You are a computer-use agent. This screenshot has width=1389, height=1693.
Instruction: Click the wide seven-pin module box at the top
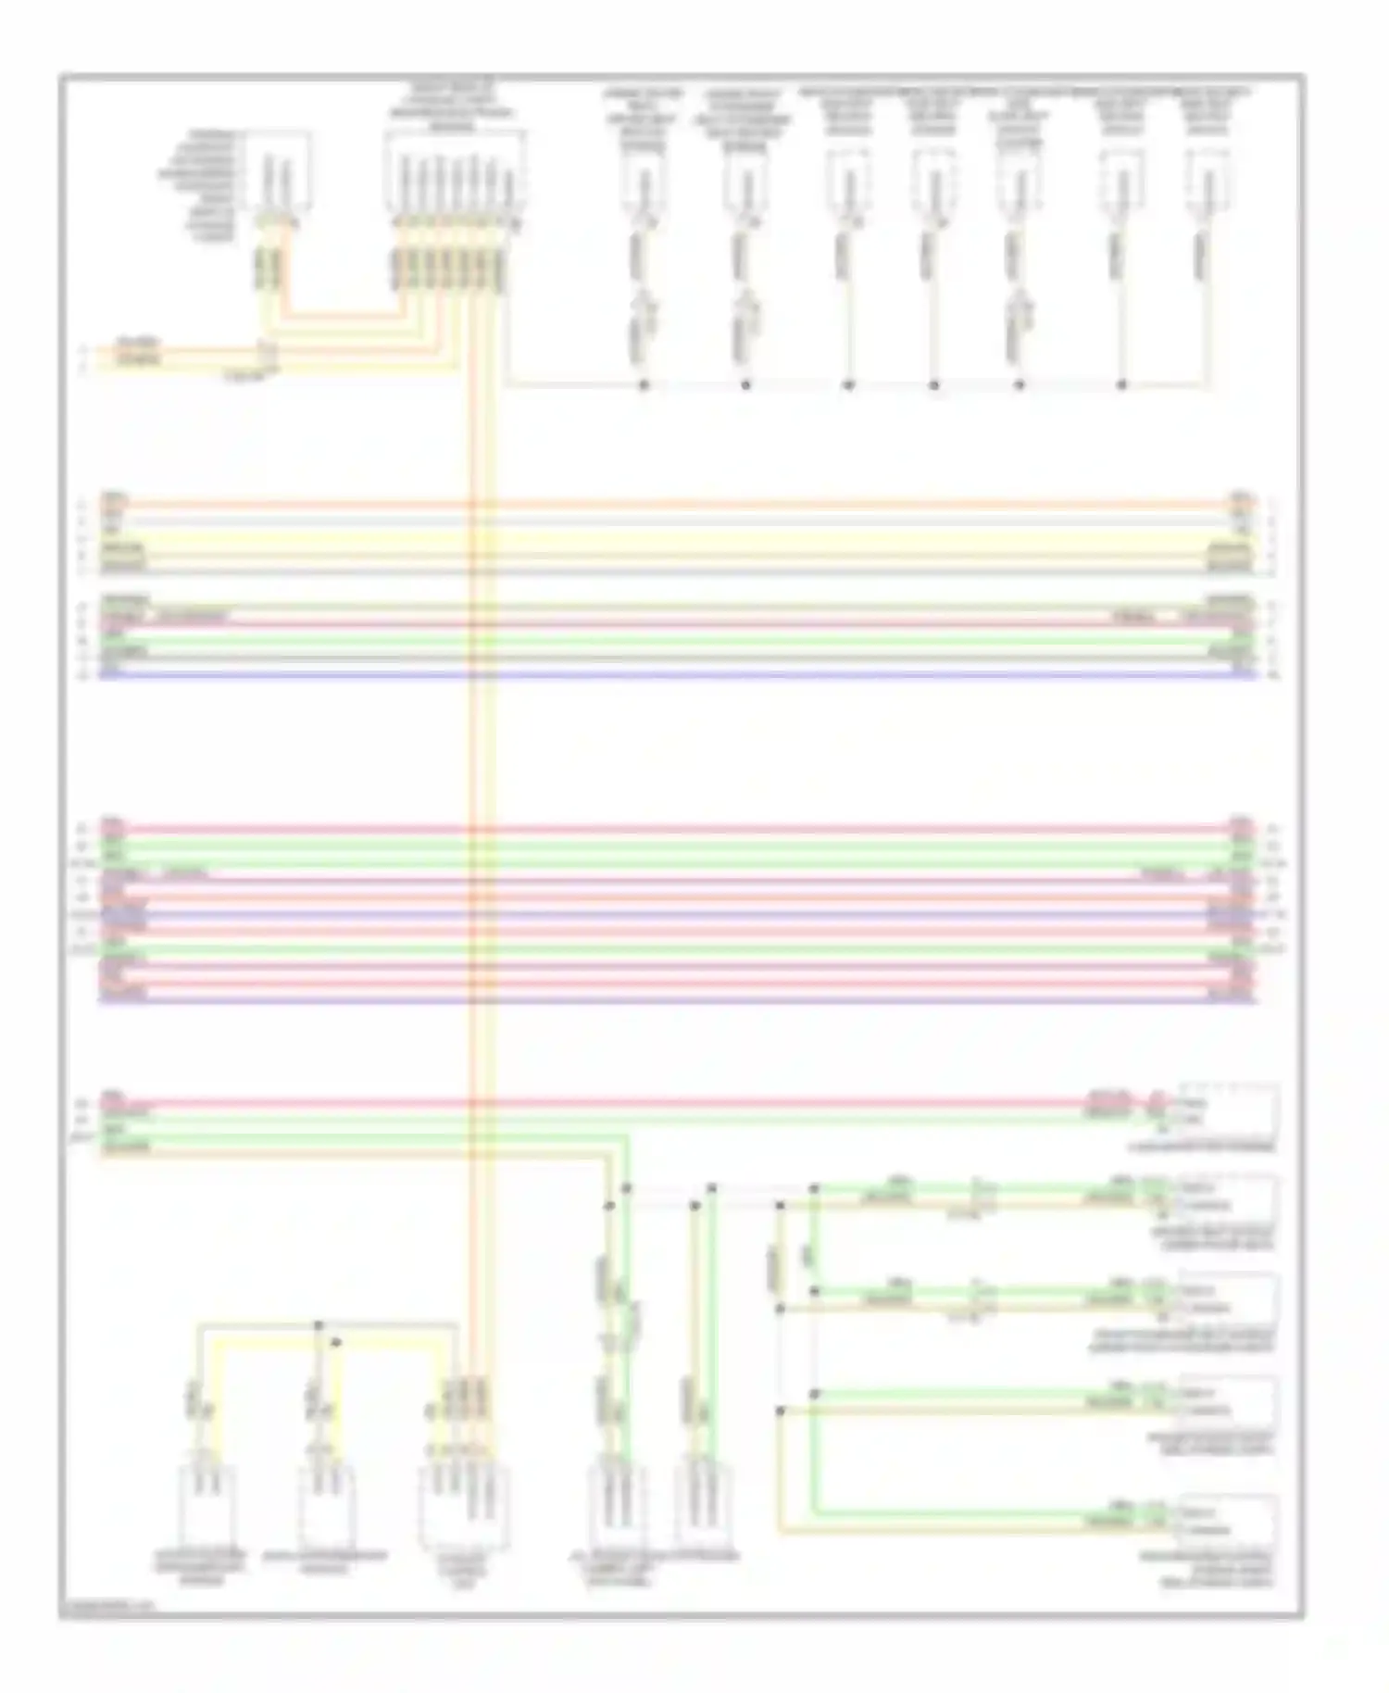(x=455, y=171)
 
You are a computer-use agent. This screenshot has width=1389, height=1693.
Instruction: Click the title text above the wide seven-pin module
(x=455, y=107)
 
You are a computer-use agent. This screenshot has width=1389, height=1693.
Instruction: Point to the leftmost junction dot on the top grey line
(x=644, y=384)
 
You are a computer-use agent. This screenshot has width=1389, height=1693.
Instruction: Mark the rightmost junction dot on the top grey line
(x=1121, y=384)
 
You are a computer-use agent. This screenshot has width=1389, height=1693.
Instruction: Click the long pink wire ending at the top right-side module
(x=648, y=1102)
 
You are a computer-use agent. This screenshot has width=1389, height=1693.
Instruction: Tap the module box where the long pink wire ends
(x=1226, y=1111)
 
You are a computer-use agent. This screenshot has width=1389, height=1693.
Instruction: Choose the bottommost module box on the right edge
(x=1226, y=1520)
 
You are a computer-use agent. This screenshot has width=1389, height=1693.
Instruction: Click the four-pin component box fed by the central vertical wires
(x=465, y=1505)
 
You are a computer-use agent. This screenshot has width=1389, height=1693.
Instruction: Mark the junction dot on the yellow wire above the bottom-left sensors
(x=336, y=1342)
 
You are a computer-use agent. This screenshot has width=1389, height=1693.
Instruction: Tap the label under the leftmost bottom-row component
(x=202, y=1565)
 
